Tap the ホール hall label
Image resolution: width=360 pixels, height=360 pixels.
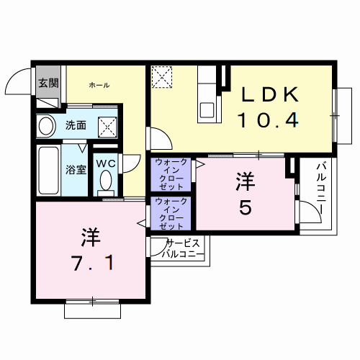99,85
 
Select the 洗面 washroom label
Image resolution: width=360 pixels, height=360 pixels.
76,125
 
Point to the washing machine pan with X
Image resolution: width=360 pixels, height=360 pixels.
108,127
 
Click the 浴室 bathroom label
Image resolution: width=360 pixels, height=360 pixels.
76,171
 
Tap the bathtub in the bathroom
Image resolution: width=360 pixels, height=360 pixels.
48,170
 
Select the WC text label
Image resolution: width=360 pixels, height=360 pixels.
107,163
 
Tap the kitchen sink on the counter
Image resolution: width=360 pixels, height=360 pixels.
207,109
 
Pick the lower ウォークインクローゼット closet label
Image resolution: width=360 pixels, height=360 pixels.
172,213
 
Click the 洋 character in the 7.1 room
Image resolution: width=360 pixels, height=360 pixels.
89,236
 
